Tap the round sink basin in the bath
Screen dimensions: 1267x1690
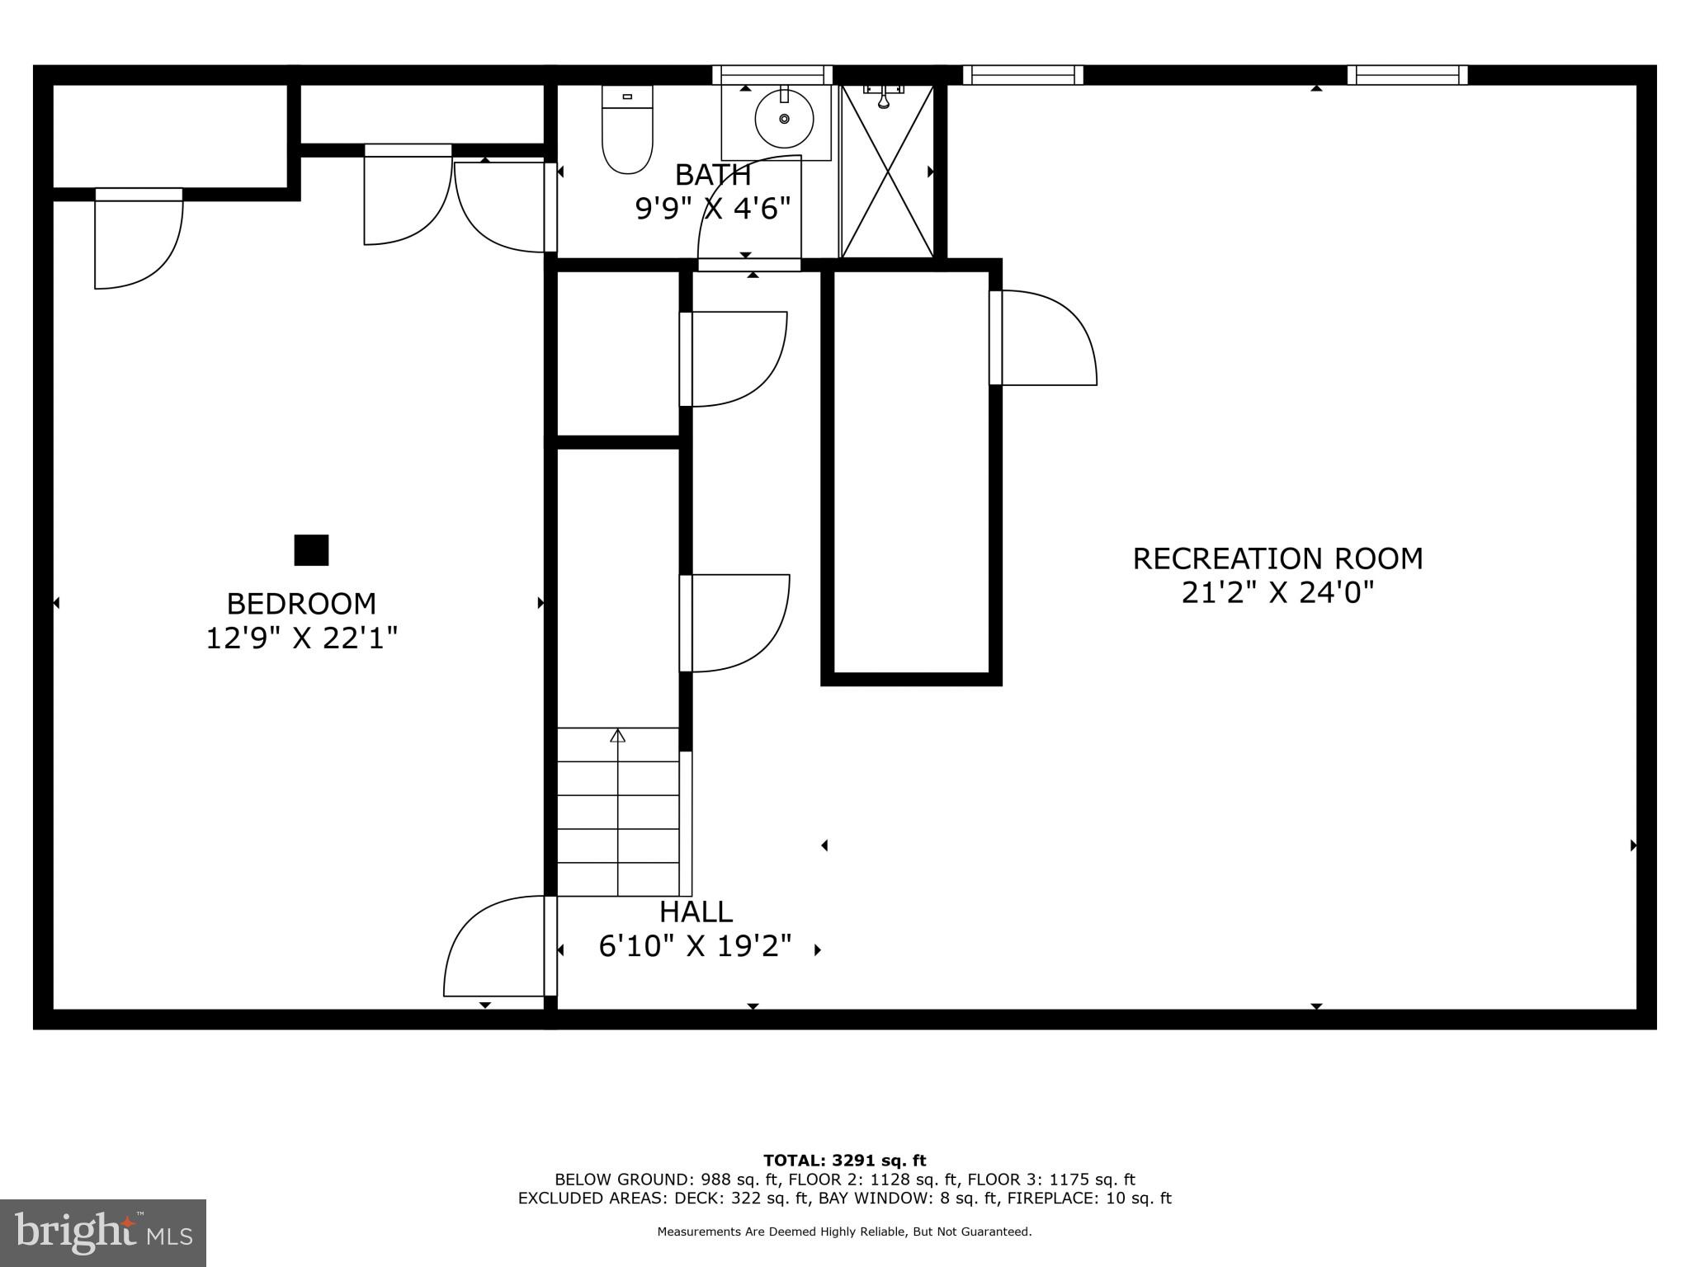tap(784, 119)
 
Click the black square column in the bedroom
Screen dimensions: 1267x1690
tap(311, 550)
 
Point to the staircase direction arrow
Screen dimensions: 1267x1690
tap(617, 736)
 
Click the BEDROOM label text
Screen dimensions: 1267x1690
tap(301, 604)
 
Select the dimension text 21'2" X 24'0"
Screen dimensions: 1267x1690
tap(1277, 593)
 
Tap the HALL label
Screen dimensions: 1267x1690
tap(696, 911)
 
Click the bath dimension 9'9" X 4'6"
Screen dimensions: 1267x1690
tap(712, 209)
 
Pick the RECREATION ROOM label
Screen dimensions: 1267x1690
tap(1277, 558)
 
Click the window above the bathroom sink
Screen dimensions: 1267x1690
tap(772, 75)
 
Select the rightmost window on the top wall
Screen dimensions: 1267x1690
tap(1407, 75)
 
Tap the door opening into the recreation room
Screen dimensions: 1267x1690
tap(1044, 338)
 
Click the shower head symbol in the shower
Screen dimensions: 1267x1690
tap(883, 97)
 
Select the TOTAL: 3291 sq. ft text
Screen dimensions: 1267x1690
tap(844, 1161)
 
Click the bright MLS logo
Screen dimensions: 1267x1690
tap(102, 1232)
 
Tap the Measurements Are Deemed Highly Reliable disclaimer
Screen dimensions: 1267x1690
tap(844, 1232)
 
